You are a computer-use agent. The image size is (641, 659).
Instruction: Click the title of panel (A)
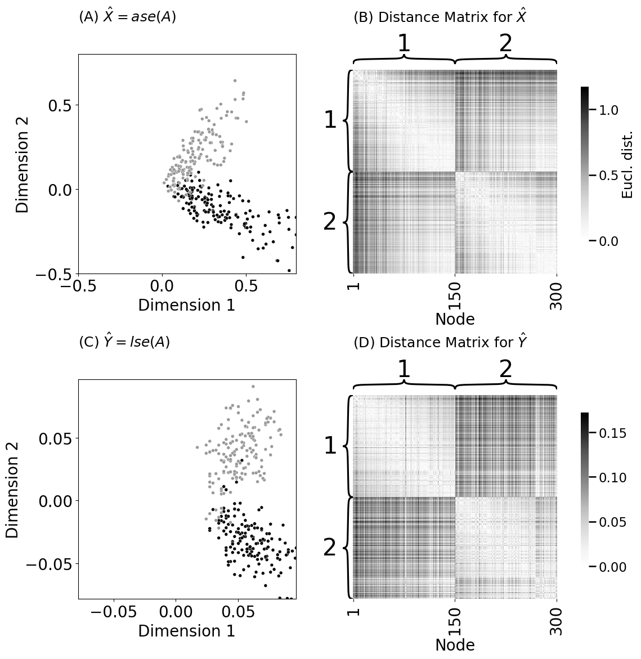127,17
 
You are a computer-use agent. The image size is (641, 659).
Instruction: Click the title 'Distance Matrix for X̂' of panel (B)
440,17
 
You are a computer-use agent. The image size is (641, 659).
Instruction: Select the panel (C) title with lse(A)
124,342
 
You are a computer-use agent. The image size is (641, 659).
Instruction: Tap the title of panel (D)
440,342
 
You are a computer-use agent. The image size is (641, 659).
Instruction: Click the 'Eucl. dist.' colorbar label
627,164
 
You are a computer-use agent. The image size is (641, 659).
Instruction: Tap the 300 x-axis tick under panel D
556,620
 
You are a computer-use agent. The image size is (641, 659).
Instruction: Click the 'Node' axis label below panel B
455,319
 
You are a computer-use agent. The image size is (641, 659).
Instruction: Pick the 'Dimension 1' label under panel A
186,305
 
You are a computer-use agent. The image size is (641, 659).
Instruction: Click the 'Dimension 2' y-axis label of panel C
12,489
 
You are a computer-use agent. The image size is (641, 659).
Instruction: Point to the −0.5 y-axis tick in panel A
53,274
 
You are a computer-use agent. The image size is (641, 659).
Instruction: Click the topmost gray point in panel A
235,80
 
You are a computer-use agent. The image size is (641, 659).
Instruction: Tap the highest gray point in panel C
253,387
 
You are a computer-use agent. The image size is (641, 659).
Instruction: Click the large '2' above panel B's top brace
505,44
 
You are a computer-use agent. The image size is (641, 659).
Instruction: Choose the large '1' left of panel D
330,446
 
